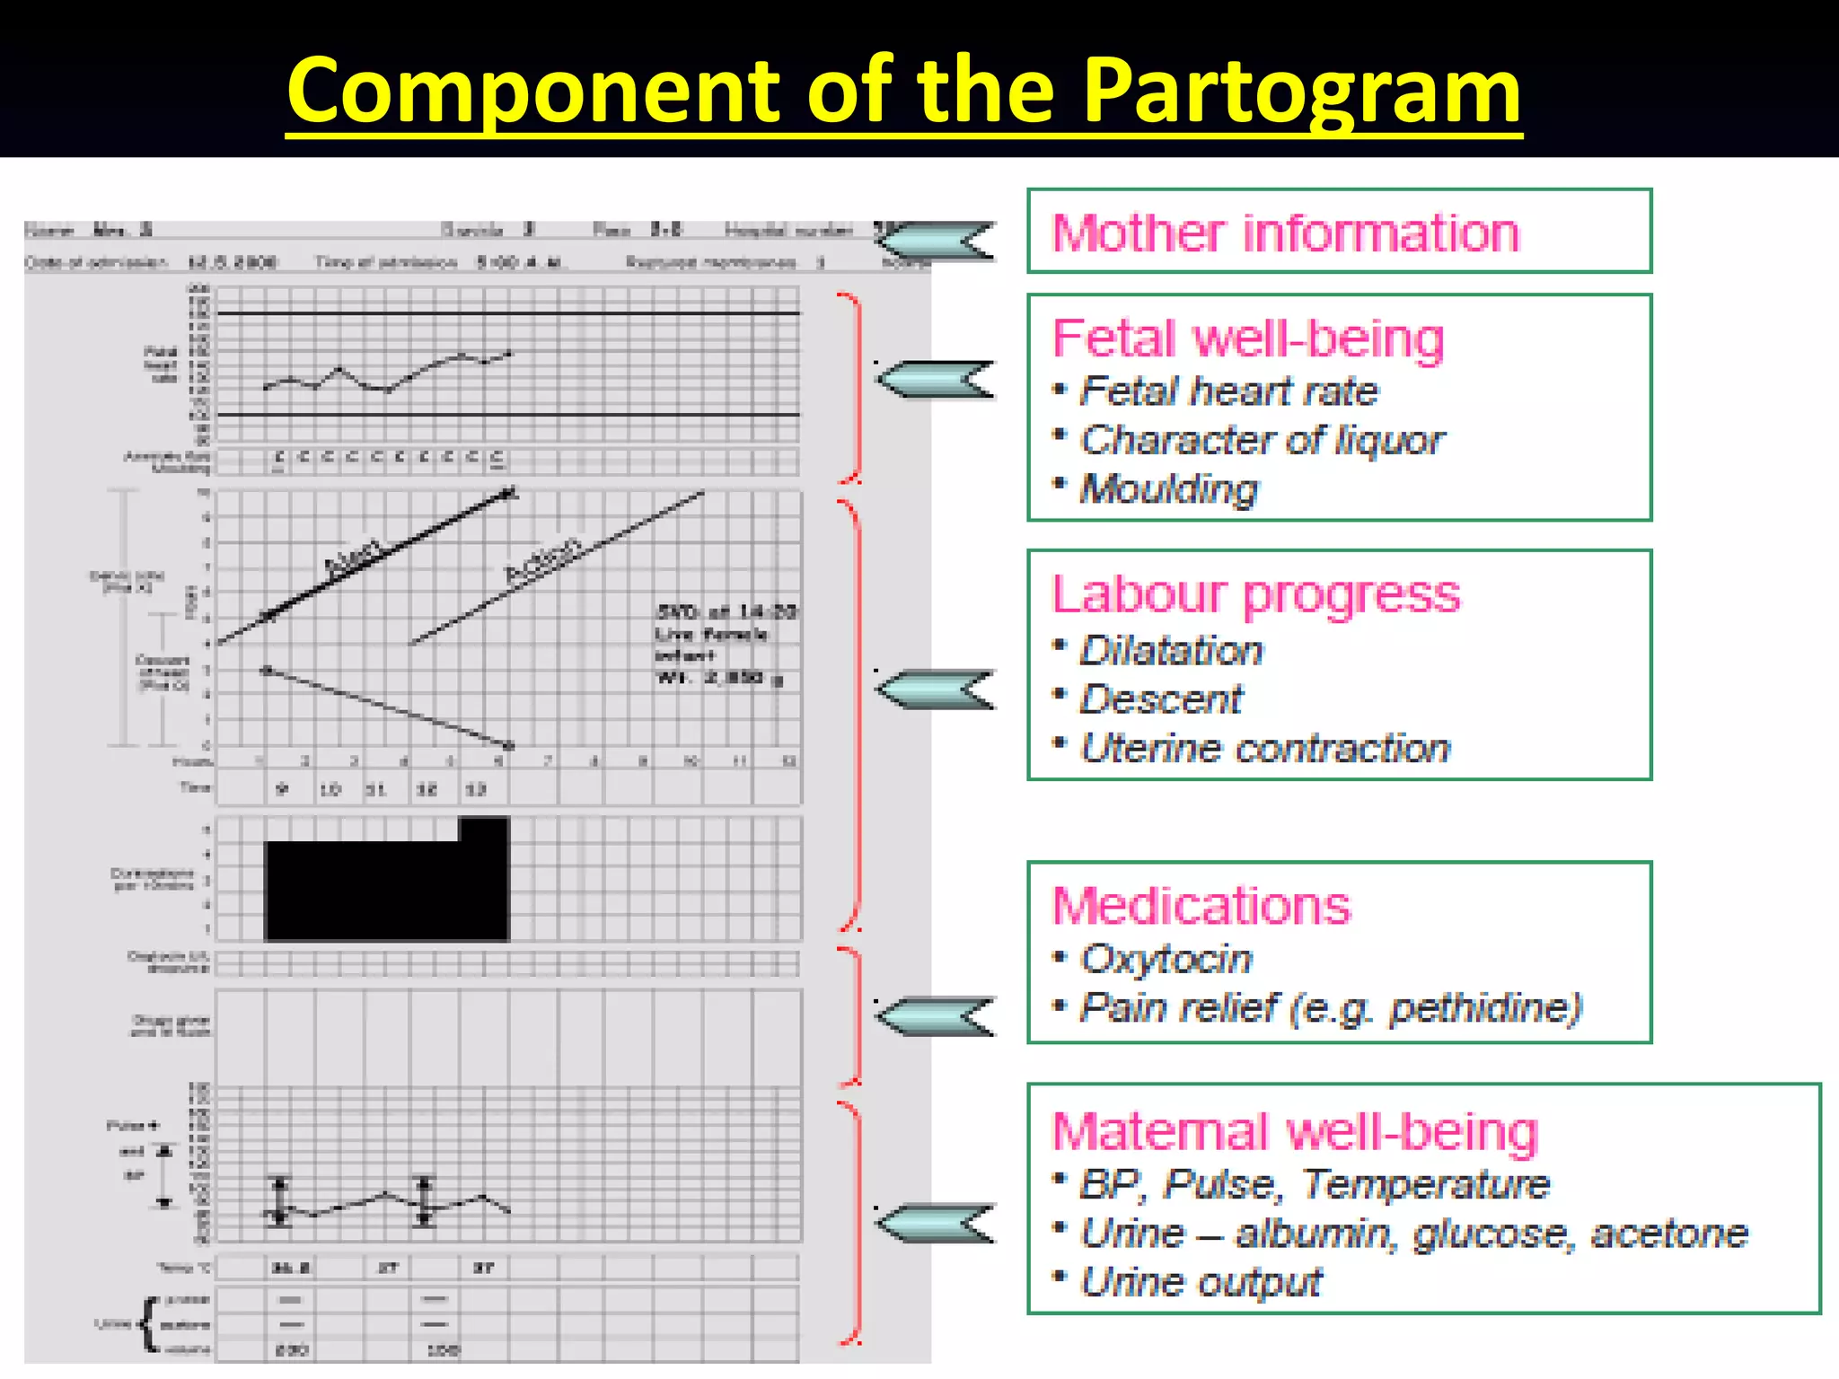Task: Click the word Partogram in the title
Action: click(1301, 90)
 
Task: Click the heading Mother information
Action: click(1284, 233)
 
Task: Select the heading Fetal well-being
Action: click(1248, 339)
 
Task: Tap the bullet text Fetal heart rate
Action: click(1228, 391)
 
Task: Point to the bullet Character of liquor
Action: click(1262, 440)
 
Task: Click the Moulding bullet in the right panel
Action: click(1168, 489)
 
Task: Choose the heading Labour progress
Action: click(1255, 594)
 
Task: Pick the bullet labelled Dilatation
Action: click(1171, 651)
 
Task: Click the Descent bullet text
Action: click(1161, 699)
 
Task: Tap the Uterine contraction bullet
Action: click(1264, 748)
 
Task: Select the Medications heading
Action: click(1201, 906)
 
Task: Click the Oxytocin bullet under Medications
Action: click(1166, 959)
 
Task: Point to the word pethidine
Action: click(1482, 1008)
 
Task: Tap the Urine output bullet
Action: click(1201, 1282)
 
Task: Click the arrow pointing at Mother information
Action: click(936, 241)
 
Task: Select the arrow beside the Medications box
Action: click(936, 1016)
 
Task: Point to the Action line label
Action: click(543, 561)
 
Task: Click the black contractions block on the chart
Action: click(386, 889)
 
